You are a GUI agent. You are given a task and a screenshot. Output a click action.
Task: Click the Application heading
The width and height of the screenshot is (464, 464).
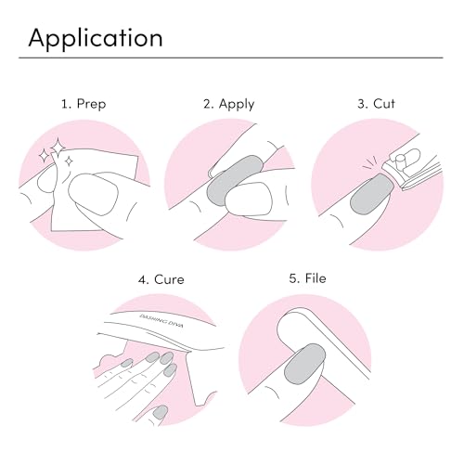(x=96, y=38)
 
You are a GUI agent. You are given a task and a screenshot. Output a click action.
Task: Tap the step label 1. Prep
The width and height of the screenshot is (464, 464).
(x=84, y=104)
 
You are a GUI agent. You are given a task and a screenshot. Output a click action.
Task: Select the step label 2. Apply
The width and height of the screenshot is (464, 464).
(x=229, y=104)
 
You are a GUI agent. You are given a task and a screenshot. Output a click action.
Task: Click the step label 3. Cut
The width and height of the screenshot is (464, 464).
(x=376, y=104)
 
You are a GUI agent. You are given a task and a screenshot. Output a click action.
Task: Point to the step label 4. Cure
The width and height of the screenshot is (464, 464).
(x=161, y=279)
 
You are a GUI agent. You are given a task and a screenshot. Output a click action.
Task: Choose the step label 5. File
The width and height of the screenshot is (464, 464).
(x=307, y=278)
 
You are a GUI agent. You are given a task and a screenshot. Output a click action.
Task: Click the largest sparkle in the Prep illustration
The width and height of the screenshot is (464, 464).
(x=58, y=147)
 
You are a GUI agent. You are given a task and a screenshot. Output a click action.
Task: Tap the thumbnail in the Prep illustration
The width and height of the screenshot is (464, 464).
(x=93, y=194)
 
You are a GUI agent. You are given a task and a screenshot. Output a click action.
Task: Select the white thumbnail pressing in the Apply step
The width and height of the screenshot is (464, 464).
(x=249, y=200)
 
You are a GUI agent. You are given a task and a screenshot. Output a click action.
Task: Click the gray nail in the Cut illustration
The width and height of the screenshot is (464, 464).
(x=372, y=194)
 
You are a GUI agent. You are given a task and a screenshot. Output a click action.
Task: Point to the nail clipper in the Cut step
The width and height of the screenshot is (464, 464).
(x=411, y=169)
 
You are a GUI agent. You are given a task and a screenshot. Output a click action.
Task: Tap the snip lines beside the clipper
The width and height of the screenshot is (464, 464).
(x=370, y=163)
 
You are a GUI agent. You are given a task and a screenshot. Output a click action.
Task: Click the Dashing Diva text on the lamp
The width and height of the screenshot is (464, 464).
(x=161, y=320)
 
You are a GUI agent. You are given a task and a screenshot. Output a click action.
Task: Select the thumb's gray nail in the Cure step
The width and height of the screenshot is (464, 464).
(x=161, y=412)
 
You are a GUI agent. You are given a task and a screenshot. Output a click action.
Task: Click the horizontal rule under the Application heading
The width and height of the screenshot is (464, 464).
(x=231, y=58)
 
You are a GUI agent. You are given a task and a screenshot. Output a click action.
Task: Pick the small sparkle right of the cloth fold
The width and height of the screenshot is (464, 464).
(x=70, y=161)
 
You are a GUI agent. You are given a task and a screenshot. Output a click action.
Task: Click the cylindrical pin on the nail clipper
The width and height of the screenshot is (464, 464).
(x=398, y=159)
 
